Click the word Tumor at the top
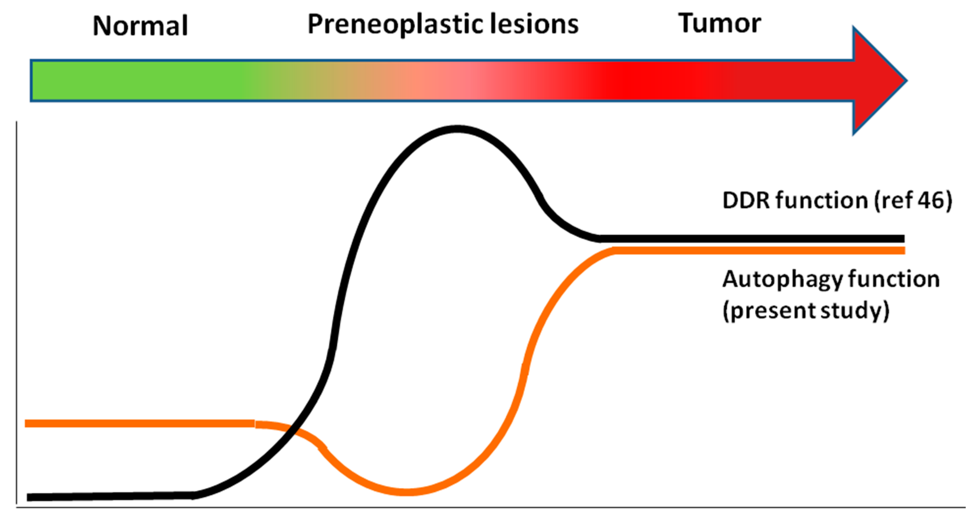[x=719, y=23]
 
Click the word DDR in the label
[x=746, y=200]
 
